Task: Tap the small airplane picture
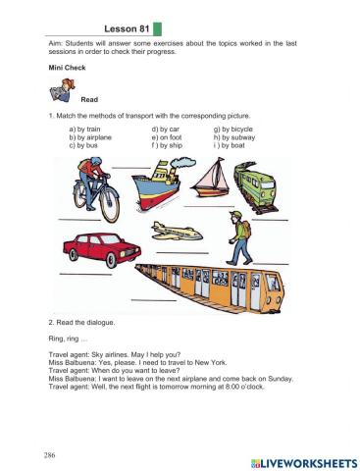coord(176,232)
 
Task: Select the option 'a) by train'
coord(85,130)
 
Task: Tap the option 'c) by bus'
coord(83,147)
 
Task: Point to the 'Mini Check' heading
coord(67,69)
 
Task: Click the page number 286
coord(48,455)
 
